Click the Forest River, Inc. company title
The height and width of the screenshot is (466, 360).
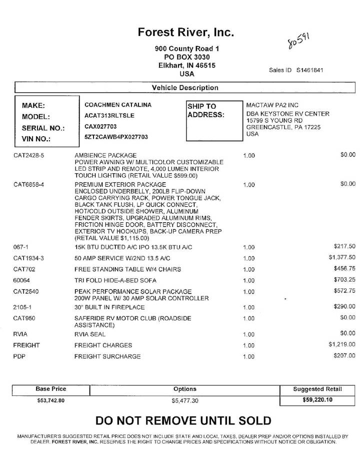[x=186, y=33]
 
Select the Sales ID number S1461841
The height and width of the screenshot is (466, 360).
[x=309, y=70]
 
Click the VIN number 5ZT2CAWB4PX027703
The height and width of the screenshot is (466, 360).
[x=116, y=137]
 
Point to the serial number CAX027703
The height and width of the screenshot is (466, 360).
[x=100, y=127]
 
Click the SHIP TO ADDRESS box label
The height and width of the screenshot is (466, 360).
[x=205, y=111]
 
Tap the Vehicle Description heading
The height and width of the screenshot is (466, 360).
[x=185, y=88]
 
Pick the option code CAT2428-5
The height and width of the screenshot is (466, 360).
[x=29, y=155]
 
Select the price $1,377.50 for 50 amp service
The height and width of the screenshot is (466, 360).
[x=341, y=258]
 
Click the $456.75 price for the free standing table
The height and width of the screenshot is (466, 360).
[x=344, y=269]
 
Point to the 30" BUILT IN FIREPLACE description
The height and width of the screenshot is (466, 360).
[x=109, y=307]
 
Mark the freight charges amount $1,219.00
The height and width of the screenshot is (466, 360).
[x=341, y=344]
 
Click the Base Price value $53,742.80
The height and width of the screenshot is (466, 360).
[x=51, y=400]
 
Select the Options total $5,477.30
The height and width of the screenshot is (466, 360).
[x=185, y=401]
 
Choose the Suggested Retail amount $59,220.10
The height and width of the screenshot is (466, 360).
[x=317, y=400]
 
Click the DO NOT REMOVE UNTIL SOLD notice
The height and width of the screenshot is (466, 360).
[x=183, y=421]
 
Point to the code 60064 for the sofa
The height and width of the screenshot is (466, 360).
[x=21, y=280]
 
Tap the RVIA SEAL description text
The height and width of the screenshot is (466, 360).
[x=90, y=334]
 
